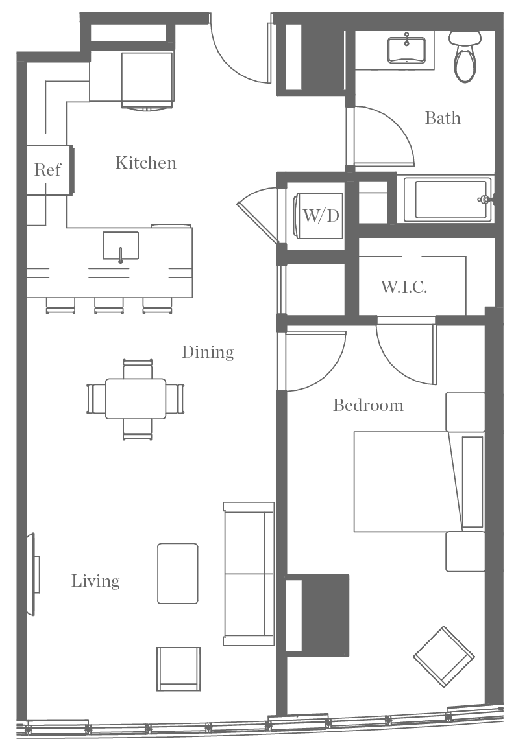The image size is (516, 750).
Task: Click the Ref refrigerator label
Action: tap(47, 170)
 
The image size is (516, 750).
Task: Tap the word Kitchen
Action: tap(145, 163)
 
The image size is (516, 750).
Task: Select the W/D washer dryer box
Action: tap(321, 216)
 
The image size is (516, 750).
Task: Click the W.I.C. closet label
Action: tap(404, 287)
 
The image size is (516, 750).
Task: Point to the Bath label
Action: tap(443, 118)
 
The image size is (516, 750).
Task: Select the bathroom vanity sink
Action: tap(407, 49)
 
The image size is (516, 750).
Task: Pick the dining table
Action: tap(136, 399)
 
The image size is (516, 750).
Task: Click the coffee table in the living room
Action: tap(178, 574)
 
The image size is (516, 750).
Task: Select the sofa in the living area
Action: tap(249, 574)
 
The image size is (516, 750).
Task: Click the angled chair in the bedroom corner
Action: tap(443, 656)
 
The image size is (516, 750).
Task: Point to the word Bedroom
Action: tap(368, 406)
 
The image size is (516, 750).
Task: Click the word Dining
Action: tap(207, 352)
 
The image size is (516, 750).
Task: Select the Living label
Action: tap(95, 581)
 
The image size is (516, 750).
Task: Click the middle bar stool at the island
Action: tap(108, 305)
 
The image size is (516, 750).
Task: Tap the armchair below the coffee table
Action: tap(178, 668)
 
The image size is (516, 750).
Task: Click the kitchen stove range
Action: tap(148, 78)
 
